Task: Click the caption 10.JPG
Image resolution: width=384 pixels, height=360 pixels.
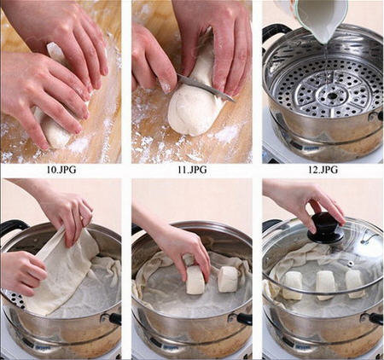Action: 61,170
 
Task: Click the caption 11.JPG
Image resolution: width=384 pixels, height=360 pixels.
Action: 192,170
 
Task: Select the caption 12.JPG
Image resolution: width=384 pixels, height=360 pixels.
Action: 323,170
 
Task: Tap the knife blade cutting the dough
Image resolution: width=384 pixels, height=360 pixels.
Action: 205,86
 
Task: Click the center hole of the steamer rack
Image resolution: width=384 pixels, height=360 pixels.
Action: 332,96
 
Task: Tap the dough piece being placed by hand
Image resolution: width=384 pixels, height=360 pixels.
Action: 195,280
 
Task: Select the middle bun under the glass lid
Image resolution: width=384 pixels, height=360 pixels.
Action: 324,285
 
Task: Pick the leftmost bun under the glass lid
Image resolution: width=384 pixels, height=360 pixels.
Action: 293,285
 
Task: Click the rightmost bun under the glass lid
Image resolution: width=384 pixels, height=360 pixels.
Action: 354,284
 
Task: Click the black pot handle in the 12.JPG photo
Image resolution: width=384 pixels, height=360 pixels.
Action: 276,32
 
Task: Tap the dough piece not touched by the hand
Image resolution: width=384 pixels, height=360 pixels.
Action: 228,279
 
